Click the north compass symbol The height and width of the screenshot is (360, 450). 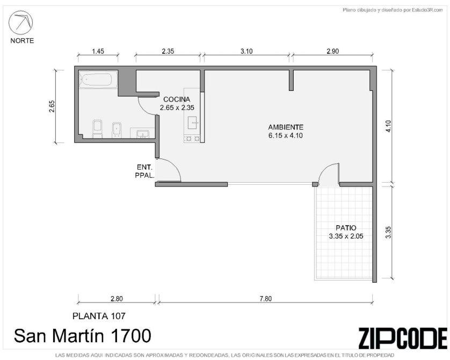tap(20, 23)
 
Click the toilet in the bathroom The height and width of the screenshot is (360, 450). tap(98, 129)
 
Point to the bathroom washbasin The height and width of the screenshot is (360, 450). tap(143, 134)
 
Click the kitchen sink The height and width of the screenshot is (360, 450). tap(193, 123)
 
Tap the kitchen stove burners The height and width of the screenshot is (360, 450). tap(193, 139)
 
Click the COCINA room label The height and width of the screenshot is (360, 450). tap(177, 99)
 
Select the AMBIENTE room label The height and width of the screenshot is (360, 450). tap(286, 127)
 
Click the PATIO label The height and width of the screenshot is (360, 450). tap(346, 228)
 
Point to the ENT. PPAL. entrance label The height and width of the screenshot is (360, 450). tap(145, 171)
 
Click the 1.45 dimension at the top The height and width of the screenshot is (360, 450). tap(98, 52)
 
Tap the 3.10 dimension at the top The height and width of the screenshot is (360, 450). tap(246, 52)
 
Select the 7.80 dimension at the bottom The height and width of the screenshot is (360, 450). tap(265, 299)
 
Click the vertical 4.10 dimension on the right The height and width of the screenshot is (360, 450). tap(388, 126)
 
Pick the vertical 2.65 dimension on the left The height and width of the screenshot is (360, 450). tap(52, 106)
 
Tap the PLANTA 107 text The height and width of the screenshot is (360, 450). tap(99, 316)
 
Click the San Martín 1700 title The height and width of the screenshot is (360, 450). tap(82, 336)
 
